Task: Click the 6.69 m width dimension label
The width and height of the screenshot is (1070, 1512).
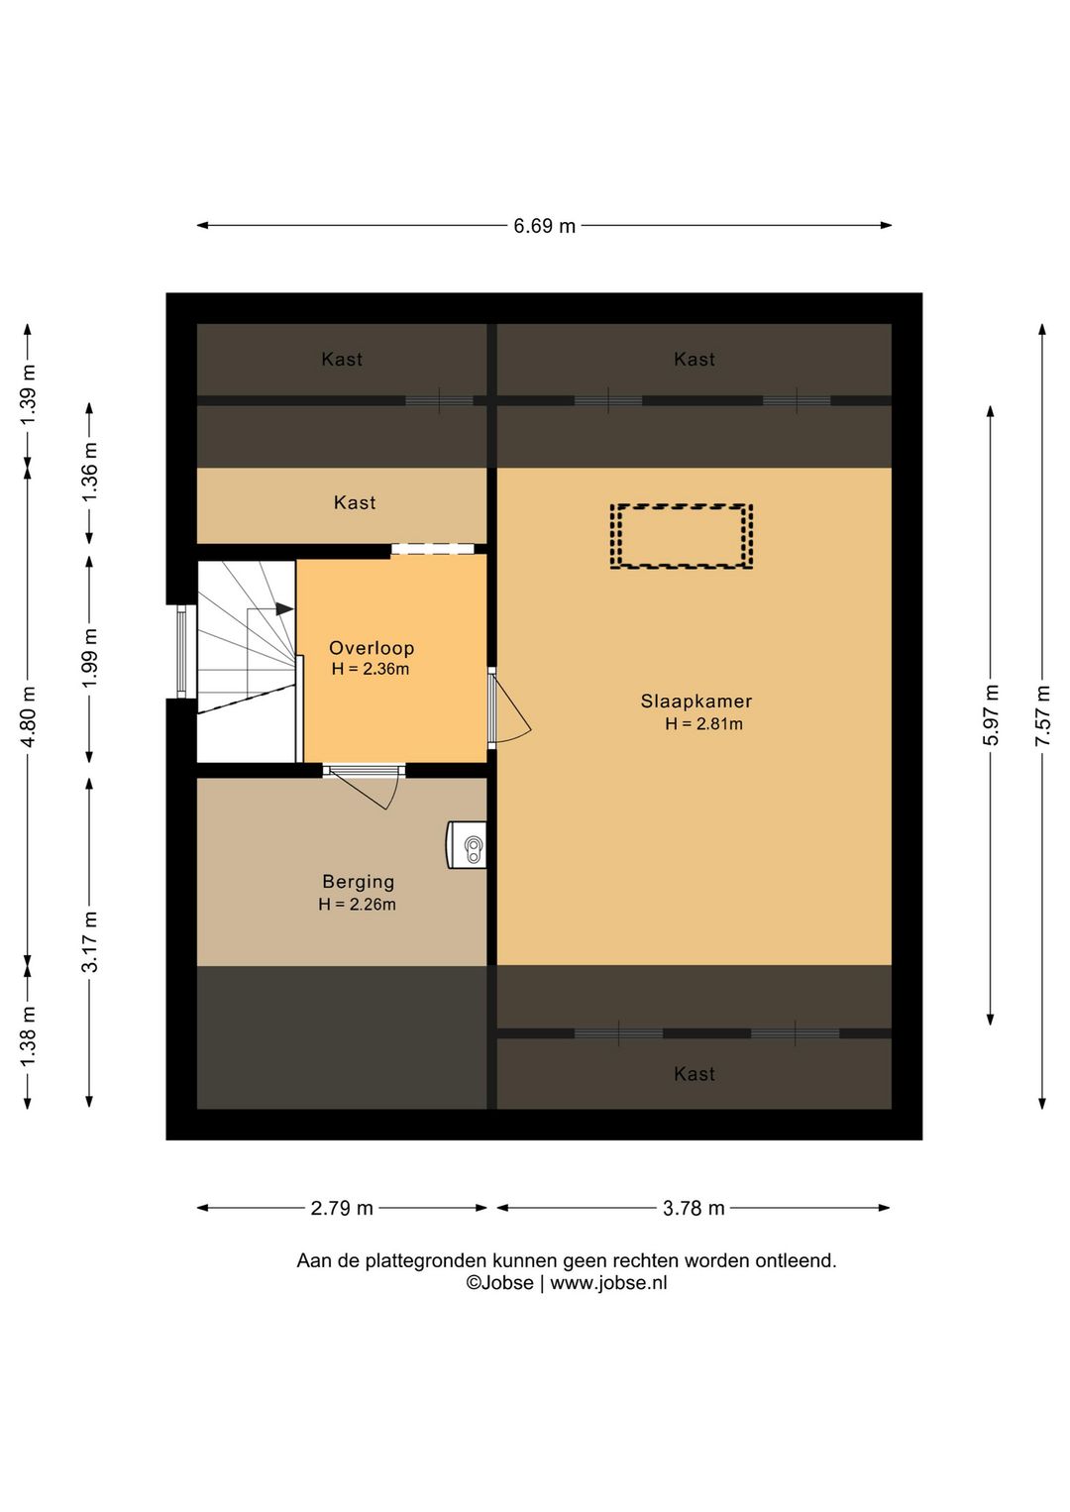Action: tap(544, 226)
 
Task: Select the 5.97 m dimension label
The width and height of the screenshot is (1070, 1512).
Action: tap(991, 715)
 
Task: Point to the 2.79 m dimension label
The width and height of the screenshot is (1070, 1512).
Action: tap(342, 1208)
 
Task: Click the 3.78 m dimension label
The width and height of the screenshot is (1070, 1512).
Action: tap(694, 1208)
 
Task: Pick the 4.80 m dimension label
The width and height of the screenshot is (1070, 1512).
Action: tap(28, 716)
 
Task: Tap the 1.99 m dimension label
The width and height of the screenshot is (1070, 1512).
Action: tap(89, 658)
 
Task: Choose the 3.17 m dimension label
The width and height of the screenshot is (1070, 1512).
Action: tap(89, 941)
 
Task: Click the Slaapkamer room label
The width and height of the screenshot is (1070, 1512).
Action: tap(696, 702)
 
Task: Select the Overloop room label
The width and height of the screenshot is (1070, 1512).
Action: tap(372, 648)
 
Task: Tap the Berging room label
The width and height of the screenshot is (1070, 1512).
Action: tap(358, 882)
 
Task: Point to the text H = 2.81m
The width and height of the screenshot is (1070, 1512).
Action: tap(703, 724)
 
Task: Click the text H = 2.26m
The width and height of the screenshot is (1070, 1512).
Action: tap(357, 905)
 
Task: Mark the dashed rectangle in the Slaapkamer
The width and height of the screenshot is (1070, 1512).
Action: tap(682, 505)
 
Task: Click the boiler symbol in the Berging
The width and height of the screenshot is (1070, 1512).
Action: tap(467, 844)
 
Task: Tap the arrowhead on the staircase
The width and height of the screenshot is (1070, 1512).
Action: tap(284, 608)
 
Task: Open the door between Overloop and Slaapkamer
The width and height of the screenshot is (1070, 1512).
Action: tap(509, 708)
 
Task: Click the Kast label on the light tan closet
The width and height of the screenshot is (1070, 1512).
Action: tap(355, 503)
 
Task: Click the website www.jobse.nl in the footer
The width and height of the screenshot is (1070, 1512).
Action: tap(608, 1283)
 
